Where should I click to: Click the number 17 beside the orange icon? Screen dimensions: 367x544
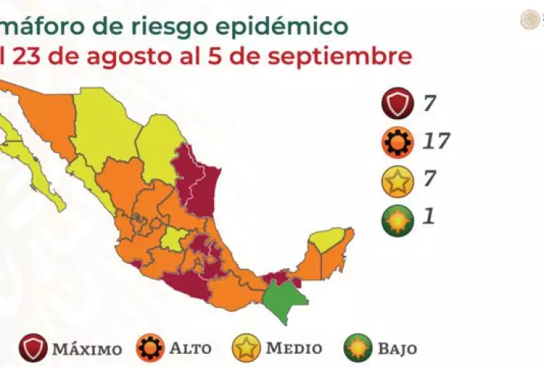coord(435,140)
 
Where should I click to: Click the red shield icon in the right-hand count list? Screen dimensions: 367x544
coord(397,104)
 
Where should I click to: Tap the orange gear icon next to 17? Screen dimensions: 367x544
coord(397,142)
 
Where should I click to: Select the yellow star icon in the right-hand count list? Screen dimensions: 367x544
coord(397,181)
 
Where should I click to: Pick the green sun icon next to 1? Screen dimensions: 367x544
coord(397,219)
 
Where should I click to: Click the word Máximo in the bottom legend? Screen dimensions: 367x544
coord(87,348)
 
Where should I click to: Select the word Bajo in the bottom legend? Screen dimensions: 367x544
coord(396,348)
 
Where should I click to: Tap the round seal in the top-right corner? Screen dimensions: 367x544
coord(529,20)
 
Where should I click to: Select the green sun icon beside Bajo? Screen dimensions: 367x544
coord(358,347)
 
